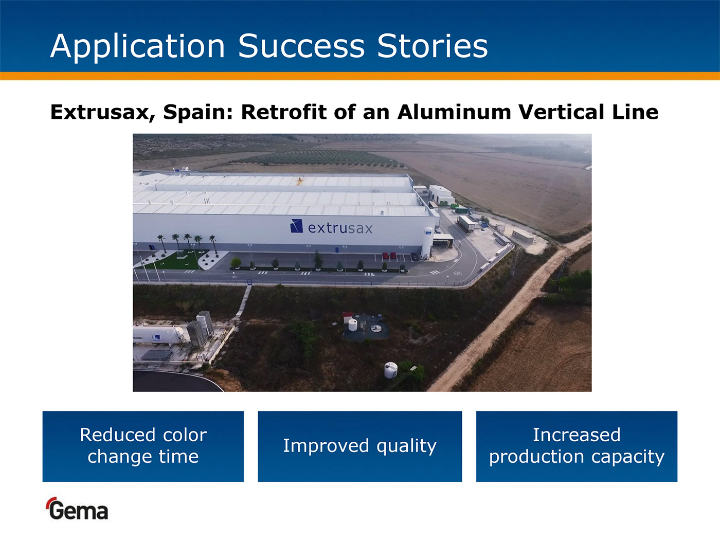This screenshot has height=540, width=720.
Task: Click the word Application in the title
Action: (138, 47)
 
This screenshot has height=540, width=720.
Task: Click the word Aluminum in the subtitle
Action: (454, 112)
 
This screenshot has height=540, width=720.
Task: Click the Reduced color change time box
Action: (143, 446)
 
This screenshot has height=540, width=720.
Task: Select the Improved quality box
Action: (360, 446)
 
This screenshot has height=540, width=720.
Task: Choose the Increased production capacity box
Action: (577, 446)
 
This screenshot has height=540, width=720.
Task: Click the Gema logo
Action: (78, 509)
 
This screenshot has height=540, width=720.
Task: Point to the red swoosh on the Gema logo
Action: (51, 501)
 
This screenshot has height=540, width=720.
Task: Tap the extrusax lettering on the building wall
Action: (340, 228)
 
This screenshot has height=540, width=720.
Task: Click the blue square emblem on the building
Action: (297, 226)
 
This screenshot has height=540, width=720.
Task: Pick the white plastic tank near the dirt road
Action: (391, 370)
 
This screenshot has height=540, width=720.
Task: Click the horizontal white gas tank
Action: (158, 335)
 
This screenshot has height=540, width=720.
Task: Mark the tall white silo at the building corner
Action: (428, 242)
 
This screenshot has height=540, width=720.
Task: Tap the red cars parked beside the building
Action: (389, 256)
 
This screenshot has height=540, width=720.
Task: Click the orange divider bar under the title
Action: (360, 76)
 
